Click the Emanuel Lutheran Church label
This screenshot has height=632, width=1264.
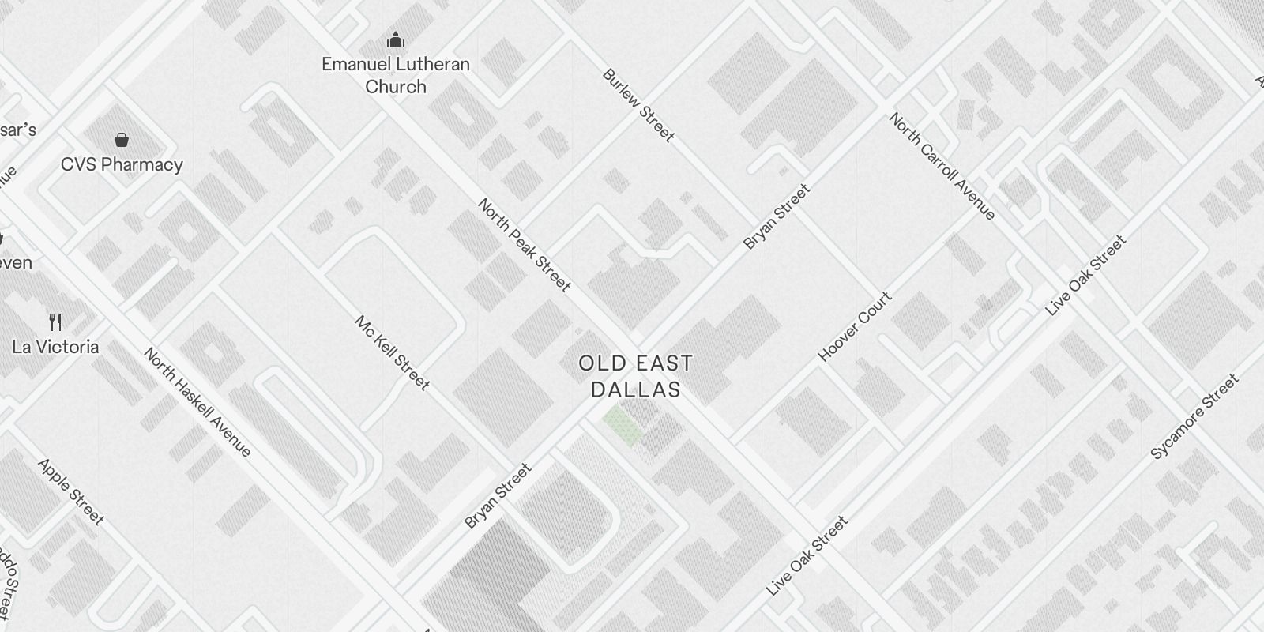[396, 75]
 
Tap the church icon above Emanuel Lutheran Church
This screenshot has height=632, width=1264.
[396, 39]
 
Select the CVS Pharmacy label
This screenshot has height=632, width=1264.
[122, 164]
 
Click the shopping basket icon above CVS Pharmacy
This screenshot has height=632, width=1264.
[122, 141]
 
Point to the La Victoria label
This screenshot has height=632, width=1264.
[55, 347]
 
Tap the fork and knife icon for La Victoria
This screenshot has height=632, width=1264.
[55, 322]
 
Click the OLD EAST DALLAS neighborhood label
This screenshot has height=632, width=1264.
[636, 376]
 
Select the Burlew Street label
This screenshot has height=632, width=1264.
[638, 106]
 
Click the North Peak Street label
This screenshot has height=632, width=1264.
[524, 245]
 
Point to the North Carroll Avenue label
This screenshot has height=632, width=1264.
[942, 166]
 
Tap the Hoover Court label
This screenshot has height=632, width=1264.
[855, 326]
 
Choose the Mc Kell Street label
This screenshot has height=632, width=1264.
[392, 353]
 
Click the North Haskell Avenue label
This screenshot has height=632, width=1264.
[197, 402]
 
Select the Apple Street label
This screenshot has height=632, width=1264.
[71, 491]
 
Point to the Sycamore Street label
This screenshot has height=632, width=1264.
[1194, 416]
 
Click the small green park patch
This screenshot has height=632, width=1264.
[623, 425]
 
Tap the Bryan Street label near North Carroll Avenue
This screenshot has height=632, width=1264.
[777, 216]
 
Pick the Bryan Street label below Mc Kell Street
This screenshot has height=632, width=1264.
[498, 496]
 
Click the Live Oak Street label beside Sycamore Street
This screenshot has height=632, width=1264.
[1085, 276]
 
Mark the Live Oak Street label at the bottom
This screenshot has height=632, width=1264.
[807, 556]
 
